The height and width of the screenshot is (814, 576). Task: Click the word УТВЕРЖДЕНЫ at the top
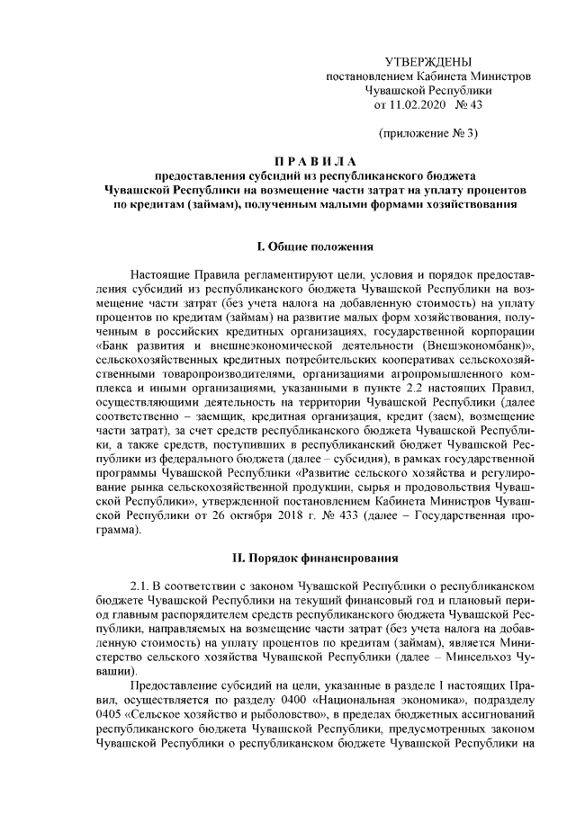(x=427, y=62)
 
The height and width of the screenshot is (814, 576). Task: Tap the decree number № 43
(x=470, y=105)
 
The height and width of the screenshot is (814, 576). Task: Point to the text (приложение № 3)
(x=427, y=134)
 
